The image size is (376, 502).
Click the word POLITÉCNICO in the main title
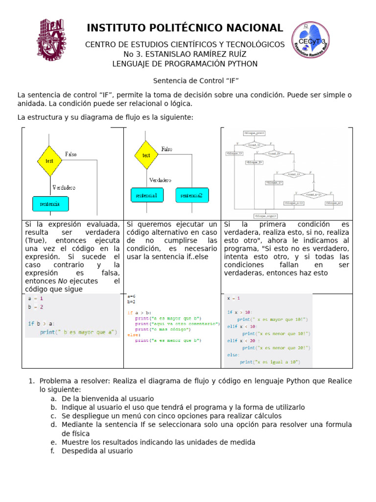pyautogui.click(x=186, y=28)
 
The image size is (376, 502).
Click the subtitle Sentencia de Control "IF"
pyautogui.click(x=196, y=81)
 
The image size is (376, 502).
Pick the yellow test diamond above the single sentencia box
pyautogui.click(x=49, y=160)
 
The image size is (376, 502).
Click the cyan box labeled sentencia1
pyautogui.click(x=147, y=196)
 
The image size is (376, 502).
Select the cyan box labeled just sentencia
pyautogui.click(x=50, y=203)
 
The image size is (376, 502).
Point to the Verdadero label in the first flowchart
pyautogui.click(x=64, y=187)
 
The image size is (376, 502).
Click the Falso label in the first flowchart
pyautogui.click(x=71, y=154)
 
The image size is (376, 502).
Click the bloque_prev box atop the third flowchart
pyautogui.click(x=254, y=133)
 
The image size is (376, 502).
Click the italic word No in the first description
pyautogui.click(x=62, y=281)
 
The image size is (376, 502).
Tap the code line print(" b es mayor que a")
pyautogui.click(x=78, y=332)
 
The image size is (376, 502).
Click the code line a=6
pyautogui.click(x=131, y=297)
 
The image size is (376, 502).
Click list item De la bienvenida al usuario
pyautogui.click(x=108, y=399)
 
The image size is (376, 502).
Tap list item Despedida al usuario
pyautogui.click(x=97, y=451)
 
